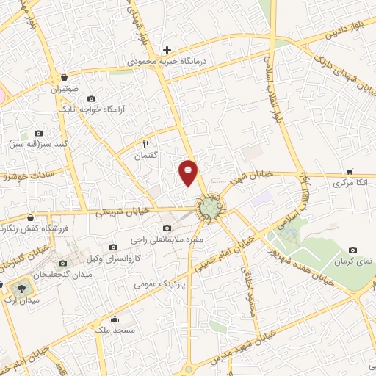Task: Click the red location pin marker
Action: pyautogui.click(x=189, y=172)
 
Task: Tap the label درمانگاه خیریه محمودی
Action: pyautogui.click(x=167, y=63)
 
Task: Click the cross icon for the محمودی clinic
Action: pyautogui.click(x=167, y=51)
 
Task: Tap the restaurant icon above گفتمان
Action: pyautogui.click(x=145, y=144)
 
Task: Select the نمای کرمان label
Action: pyautogui.click(x=353, y=262)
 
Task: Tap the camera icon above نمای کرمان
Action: pyautogui.click(x=353, y=250)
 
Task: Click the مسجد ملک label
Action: pyautogui.click(x=115, y=330)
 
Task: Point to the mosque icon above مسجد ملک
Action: pyautogui.click(x=115, y=319)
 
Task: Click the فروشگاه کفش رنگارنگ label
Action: pyautogui.click(x=32, y=228)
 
